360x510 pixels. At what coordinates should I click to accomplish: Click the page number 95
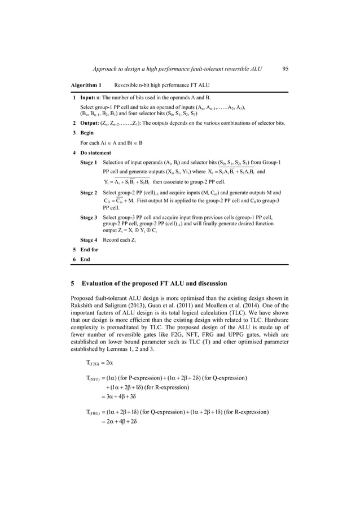pyautogui.click(x=285, y=69)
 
